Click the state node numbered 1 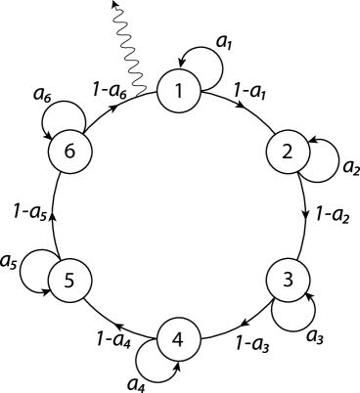click(x=179, y=93)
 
